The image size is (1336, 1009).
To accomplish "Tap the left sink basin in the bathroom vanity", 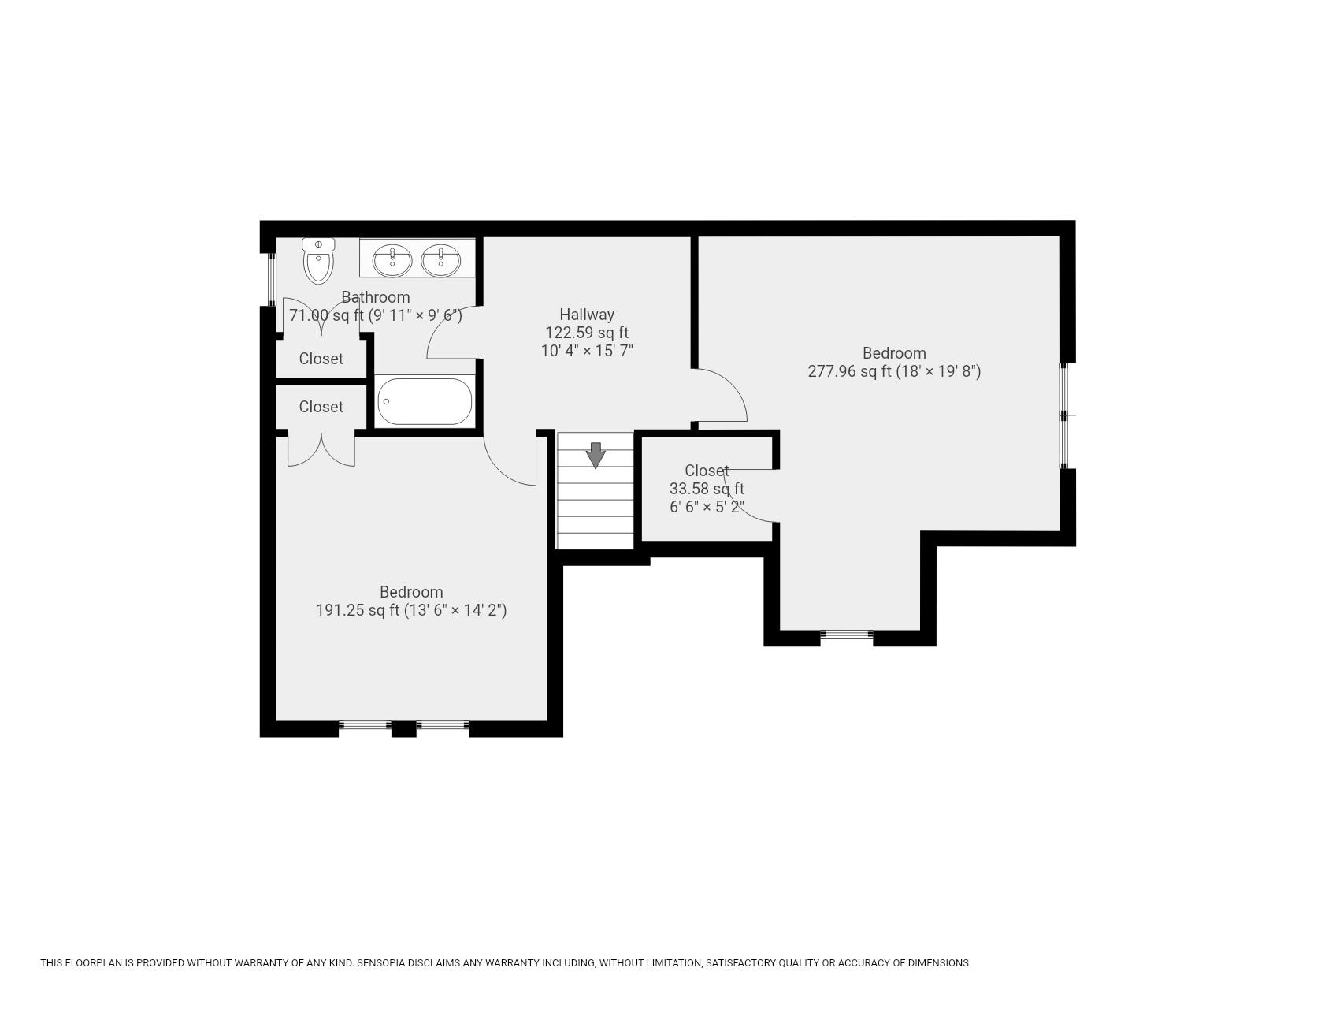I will tap(392, 260).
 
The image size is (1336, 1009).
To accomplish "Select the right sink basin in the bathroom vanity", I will tap(441, 260).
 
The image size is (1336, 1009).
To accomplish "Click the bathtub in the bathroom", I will tap(425, 401).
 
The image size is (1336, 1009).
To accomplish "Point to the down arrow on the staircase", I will tap(596, 455).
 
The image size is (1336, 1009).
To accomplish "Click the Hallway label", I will tap(587, 314).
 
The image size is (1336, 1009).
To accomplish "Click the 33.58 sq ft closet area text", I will tap(707, 489).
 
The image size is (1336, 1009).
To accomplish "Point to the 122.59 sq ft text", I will tap(587, 333).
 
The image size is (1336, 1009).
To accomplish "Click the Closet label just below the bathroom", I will tap(321, 359).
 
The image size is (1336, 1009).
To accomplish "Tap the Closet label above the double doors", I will tap(321, 407).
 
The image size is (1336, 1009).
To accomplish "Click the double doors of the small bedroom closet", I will tap(321, 450).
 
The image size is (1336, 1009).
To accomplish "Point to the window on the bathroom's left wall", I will tap(272, 279).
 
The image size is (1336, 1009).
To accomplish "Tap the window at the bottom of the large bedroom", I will tap(847, 635).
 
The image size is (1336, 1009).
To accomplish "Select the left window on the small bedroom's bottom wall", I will tap(365, 725).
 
